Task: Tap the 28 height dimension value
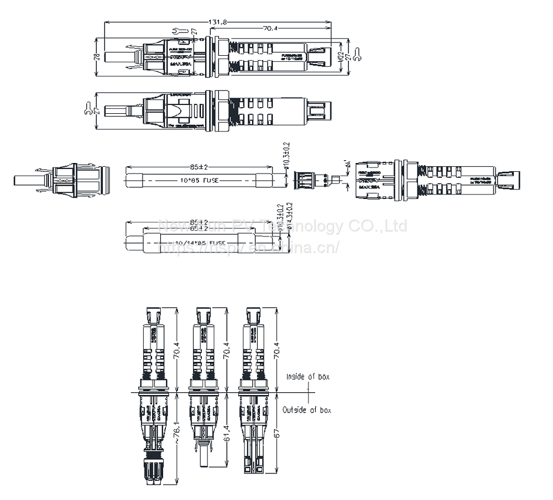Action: pos(96,56)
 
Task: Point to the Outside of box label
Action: pos(306,410)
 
